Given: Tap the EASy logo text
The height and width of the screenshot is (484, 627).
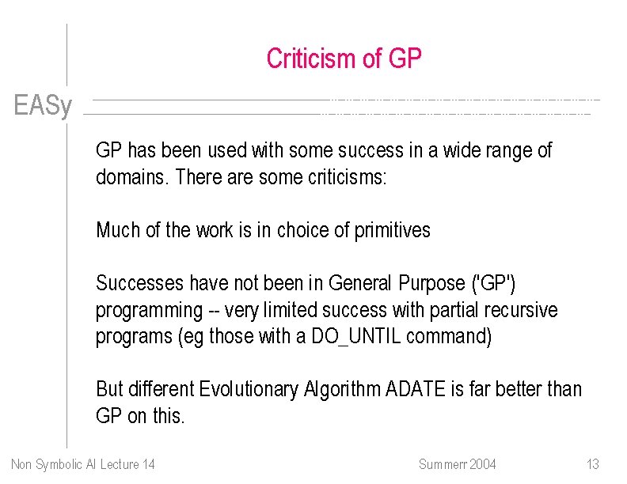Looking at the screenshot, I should click(43, 106).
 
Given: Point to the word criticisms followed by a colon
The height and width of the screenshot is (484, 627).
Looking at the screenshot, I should click(345, 177).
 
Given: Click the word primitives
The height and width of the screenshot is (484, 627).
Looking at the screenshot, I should click(392, 230).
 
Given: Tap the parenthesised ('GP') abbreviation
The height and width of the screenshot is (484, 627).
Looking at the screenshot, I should click(496, 283).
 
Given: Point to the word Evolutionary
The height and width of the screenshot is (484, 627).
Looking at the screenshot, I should click(249, 389).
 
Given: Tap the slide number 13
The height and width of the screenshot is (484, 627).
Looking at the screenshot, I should click(592, 464).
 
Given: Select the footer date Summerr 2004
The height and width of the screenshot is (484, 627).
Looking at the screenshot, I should click(457, 464).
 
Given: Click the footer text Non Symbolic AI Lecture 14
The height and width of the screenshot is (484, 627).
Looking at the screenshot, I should click(83, 464).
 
